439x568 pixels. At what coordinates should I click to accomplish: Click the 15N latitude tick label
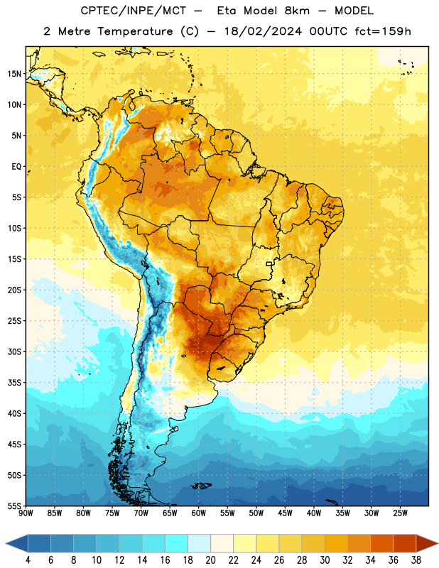tap(14, 74)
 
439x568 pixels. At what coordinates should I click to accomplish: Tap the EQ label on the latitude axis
tap(16, 167)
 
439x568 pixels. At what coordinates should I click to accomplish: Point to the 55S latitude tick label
tap(14, 506)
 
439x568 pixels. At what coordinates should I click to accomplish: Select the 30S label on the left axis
tap(14, 351)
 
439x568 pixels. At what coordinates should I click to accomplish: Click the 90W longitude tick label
tap(26, 513)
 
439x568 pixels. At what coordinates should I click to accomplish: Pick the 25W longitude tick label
tap(400, 513)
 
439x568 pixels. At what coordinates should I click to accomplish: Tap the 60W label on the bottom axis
tap(199, 513)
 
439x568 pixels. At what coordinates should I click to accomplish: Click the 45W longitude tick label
tap(285, 513)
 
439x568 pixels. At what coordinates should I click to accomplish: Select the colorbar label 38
tap(416, 560)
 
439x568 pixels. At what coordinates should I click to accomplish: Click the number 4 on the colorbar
tap(28, 560)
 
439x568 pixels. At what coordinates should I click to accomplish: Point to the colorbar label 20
tap(210, 560)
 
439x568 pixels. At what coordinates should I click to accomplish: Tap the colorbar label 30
tap(325, 560)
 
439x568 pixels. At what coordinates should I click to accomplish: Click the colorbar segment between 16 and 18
tap(176, 543)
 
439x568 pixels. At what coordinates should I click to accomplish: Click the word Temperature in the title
tap(135, 31)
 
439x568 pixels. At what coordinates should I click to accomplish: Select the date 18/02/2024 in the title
tap(263, 31)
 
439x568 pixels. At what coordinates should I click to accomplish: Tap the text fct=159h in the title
tap(383, 31)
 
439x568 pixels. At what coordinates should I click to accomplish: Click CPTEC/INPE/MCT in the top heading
tap(133, 11)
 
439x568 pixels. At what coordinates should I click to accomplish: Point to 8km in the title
tap(297, 11)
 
